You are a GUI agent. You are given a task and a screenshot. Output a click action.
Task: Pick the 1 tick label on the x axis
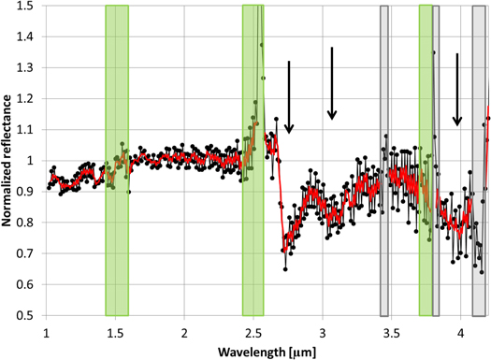[46, 331]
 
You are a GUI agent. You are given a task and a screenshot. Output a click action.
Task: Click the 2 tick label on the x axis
[184, 331]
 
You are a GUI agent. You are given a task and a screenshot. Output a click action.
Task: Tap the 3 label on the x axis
[323, 331]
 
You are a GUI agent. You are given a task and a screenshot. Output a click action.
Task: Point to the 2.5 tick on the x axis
[253, 331]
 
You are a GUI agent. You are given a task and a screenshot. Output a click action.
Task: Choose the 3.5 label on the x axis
[392, 331]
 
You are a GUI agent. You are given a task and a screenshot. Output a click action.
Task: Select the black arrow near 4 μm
[456, 89]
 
